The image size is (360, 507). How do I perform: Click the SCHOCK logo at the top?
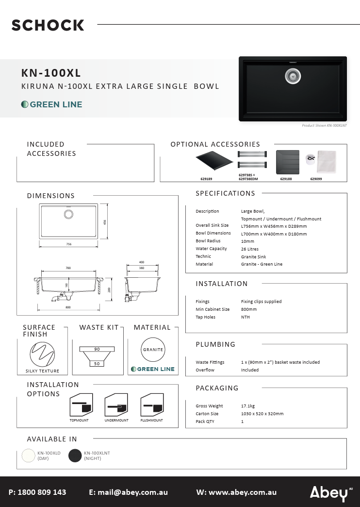[48, 25]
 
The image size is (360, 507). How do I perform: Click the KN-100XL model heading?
[51, 73]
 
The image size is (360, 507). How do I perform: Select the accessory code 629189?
[206, 179]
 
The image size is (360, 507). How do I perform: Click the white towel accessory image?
[327, 162]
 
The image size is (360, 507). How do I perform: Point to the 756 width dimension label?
[68, 244]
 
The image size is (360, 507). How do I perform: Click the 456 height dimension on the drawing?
[105, 222]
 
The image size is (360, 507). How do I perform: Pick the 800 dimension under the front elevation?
[68, 307]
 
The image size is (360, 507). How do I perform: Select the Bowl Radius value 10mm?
[248, 241]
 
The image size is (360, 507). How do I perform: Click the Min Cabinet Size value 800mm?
[249, 309]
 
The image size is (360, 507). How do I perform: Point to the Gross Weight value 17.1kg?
[249, 406]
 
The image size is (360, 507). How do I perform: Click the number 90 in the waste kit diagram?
[97, 349]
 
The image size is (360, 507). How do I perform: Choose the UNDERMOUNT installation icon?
[116, 405]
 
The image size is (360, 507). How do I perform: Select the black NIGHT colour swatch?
[75, 456]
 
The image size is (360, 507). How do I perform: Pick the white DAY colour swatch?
[29, 456]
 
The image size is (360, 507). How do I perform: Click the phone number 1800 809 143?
[42, 492]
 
